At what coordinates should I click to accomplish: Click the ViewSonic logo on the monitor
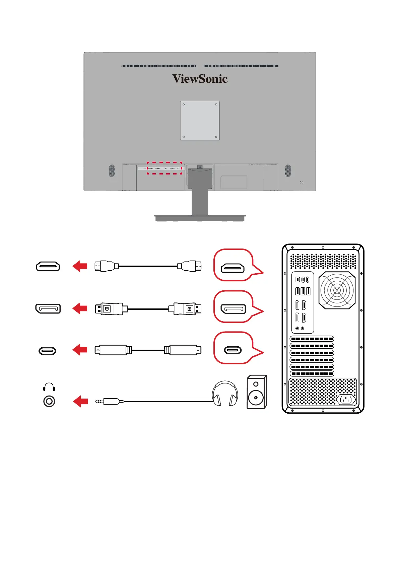(x=200, y=79)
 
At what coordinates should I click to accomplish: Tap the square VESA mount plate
(x=200, y=121)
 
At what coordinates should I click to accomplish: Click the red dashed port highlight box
(x=164, y=168)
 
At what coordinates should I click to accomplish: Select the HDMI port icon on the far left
(x=48, y=266)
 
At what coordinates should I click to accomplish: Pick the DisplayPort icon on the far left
(x=48, y=308)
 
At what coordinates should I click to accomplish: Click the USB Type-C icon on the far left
(x=47, y=351)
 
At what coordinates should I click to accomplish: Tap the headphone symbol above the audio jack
(x=49, y=387)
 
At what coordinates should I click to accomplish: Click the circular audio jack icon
(x=49, y=401)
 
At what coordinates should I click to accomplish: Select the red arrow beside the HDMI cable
(x=80, y=266)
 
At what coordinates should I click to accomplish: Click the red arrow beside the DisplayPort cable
(x=80, y=308)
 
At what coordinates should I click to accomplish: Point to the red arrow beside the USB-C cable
(x=80, y=350)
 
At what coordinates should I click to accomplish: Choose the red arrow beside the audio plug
(x=80, y=401)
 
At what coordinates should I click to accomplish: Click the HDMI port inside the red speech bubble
(x=232, y=268)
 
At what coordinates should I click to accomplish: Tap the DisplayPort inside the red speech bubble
(x=233, y=309)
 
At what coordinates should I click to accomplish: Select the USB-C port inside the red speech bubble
(x=232, y=350)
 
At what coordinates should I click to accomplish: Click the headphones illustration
(x=225, y=393)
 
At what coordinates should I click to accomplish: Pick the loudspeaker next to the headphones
(x=257, y=392)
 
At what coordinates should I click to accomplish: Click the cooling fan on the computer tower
(x=337, y=290)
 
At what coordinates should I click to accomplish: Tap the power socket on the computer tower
(x=346, y=399)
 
